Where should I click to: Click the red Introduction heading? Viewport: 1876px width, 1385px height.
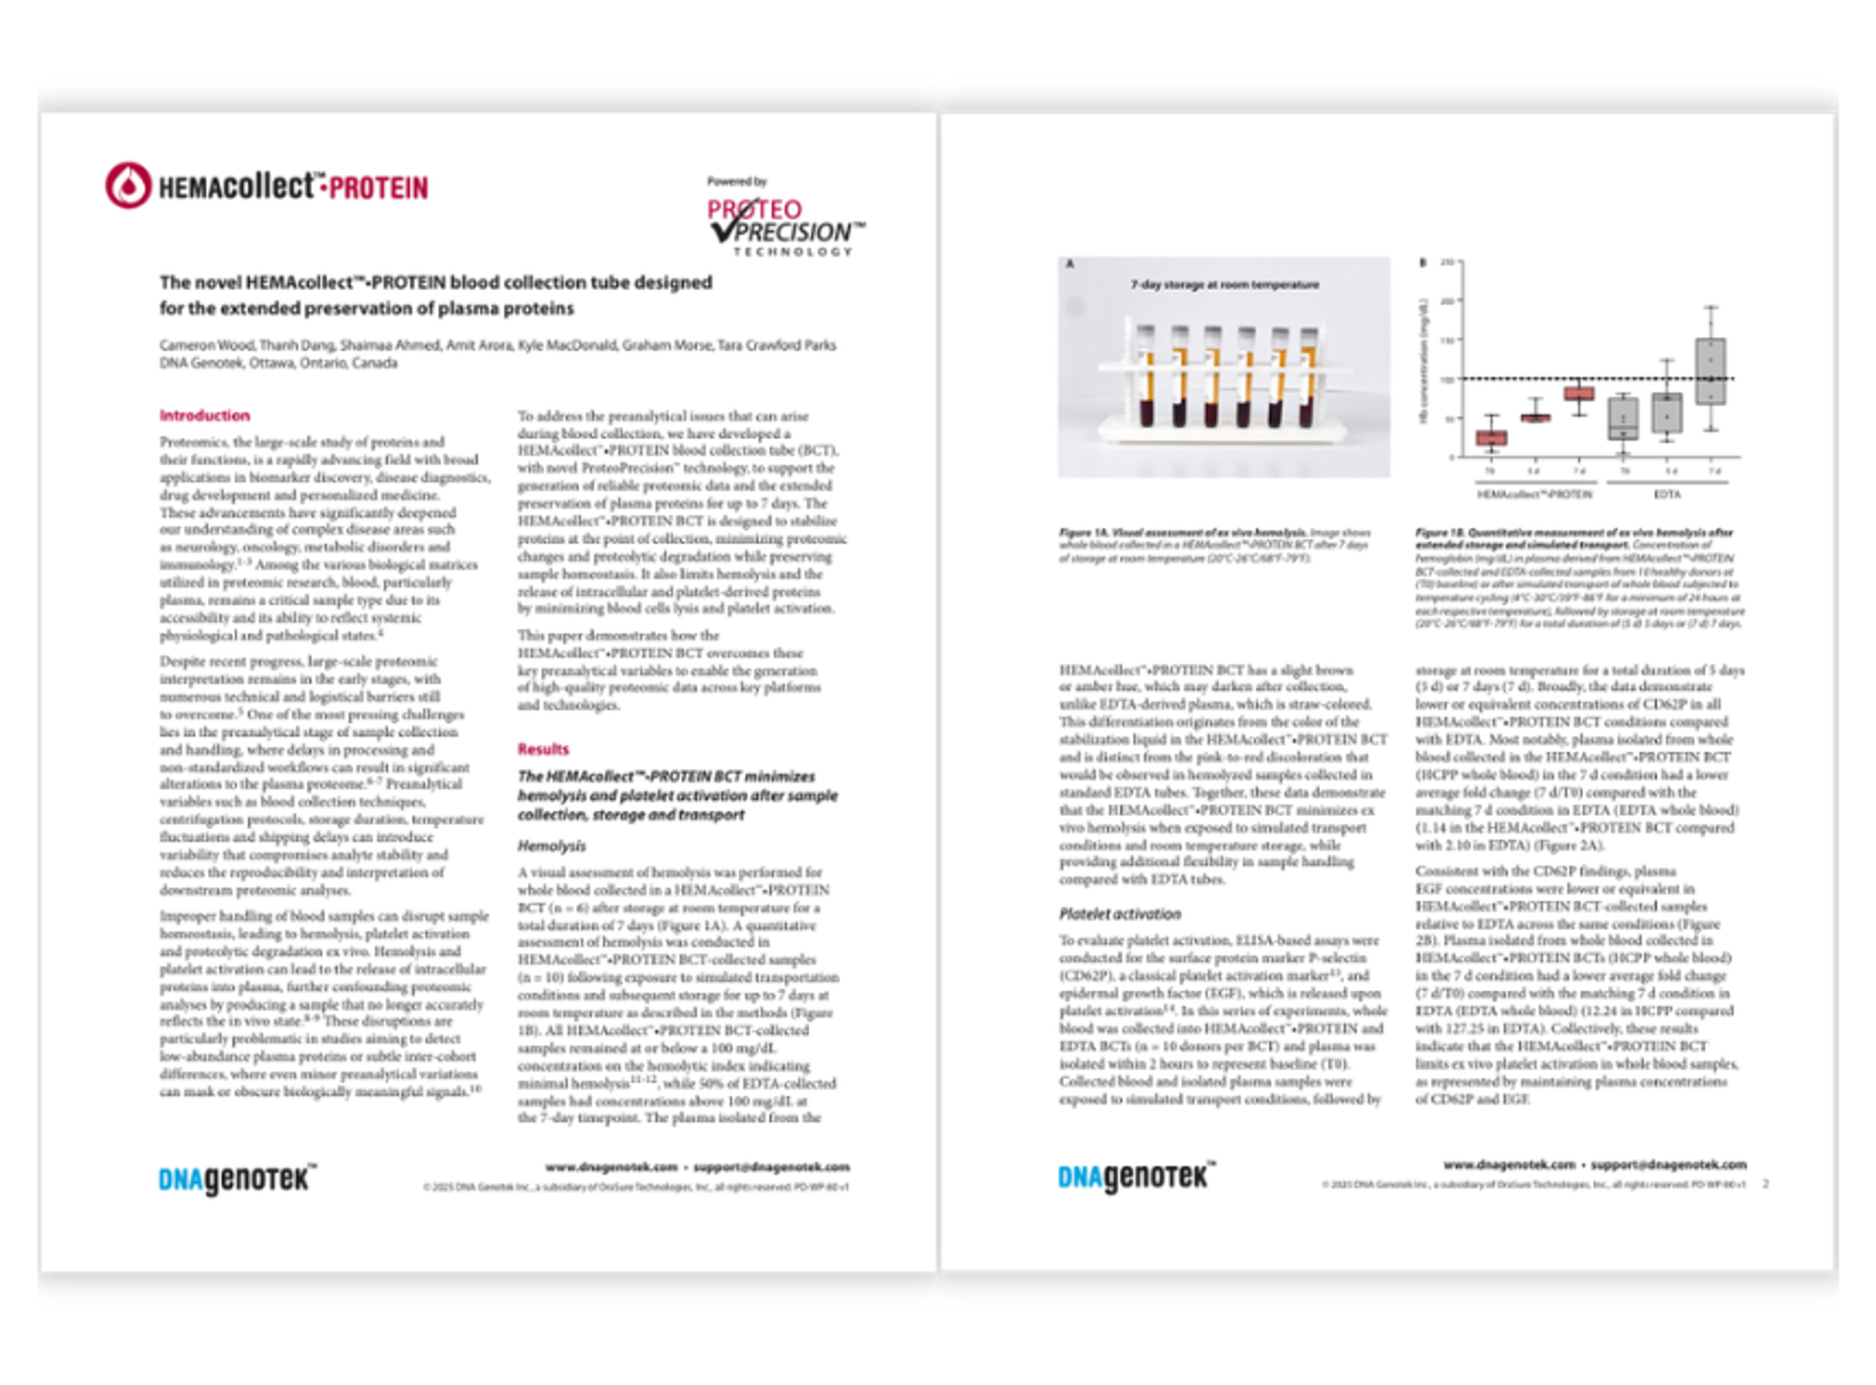pos(205,415)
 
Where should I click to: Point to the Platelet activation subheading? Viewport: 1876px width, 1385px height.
pos(1119,914)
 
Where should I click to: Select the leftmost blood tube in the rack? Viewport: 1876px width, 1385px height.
pos(1146,377)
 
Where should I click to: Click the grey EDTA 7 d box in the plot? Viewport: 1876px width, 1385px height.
pos(1710,371)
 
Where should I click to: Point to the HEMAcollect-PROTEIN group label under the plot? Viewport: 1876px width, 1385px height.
pos(1534,494)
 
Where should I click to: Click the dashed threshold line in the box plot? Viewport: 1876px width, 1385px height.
pos(1643,379)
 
